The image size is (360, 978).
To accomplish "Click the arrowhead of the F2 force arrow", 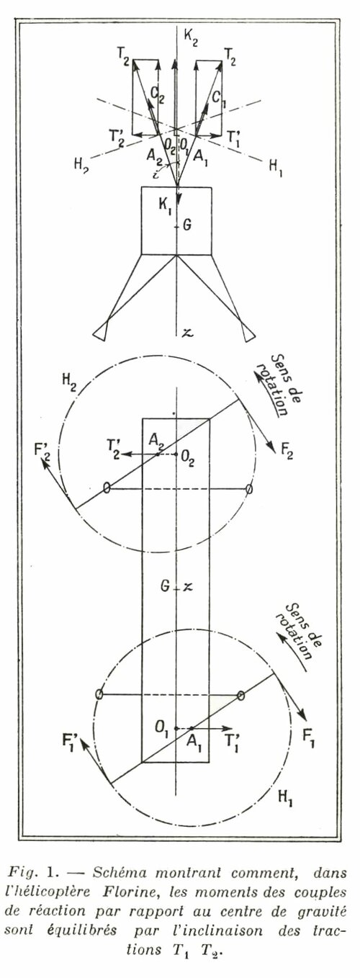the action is (272, 449).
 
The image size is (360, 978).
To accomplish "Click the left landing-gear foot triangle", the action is (100, 332).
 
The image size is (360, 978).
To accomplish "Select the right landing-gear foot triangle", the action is (248, 333).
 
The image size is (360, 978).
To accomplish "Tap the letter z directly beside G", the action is (188, 588).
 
